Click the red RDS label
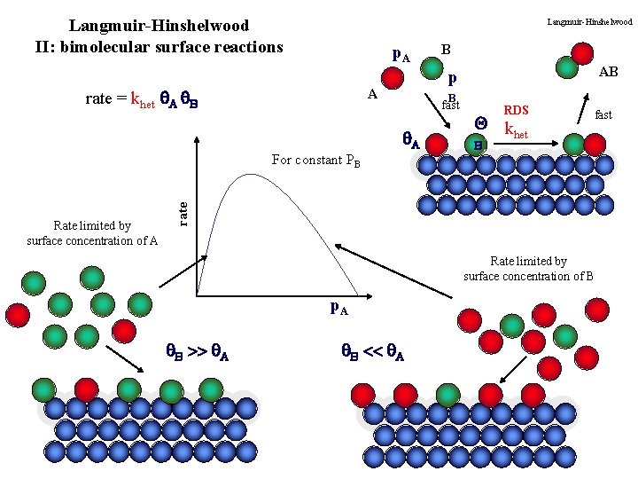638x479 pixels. (515, 111)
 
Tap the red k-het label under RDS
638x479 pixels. (516, 131)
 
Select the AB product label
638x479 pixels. (608, 72)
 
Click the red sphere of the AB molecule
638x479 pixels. (581, 47)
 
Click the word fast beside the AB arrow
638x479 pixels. (603, 115)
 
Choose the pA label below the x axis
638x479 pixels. (338, 309)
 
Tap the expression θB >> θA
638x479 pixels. (198, 353)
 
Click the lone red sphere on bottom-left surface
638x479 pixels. (86, 389)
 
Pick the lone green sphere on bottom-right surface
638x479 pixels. (448, 395)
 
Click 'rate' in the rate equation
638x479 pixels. (97, 99)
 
